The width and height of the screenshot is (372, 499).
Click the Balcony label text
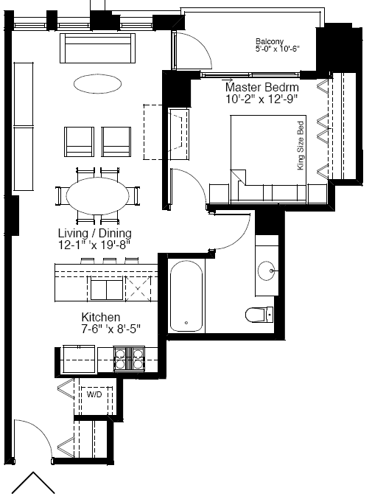click(270, 42)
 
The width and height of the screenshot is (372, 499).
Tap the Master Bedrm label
click(262, 87)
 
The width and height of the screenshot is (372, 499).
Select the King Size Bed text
click(300, 145)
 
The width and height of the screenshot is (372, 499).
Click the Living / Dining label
click(95, 233)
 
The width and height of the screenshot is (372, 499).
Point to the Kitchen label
click(101, 317)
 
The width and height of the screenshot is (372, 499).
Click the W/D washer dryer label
click(94, 394)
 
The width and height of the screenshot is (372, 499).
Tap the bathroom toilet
click(259, 315)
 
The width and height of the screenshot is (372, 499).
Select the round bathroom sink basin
click(266, 271)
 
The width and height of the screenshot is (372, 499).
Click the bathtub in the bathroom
click(186, 296)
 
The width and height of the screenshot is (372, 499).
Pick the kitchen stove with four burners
click(129, 359)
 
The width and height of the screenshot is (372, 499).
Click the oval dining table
click(97, 196)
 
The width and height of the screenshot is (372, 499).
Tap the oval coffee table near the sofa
click(97, 84)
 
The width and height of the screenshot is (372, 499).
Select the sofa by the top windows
click(98, 48)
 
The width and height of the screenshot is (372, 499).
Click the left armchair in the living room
click(79, 142)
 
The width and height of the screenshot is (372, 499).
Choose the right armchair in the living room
click(116, 142)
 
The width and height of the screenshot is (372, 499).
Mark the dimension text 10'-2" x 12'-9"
click(262, 99)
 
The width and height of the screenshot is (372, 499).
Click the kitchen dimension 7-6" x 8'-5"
click(111, 329)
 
